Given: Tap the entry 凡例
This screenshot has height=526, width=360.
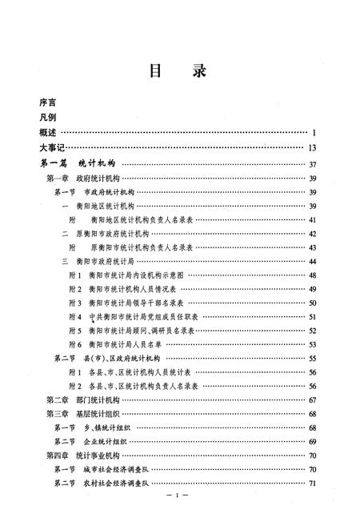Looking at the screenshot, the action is [50, 117].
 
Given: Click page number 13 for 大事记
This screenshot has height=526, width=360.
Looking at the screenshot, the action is [313, 147].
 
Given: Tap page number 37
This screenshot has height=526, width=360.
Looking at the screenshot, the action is [313, 164].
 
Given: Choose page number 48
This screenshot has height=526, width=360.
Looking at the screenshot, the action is [313, 274].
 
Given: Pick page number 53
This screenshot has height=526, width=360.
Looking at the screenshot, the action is [313, 343].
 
